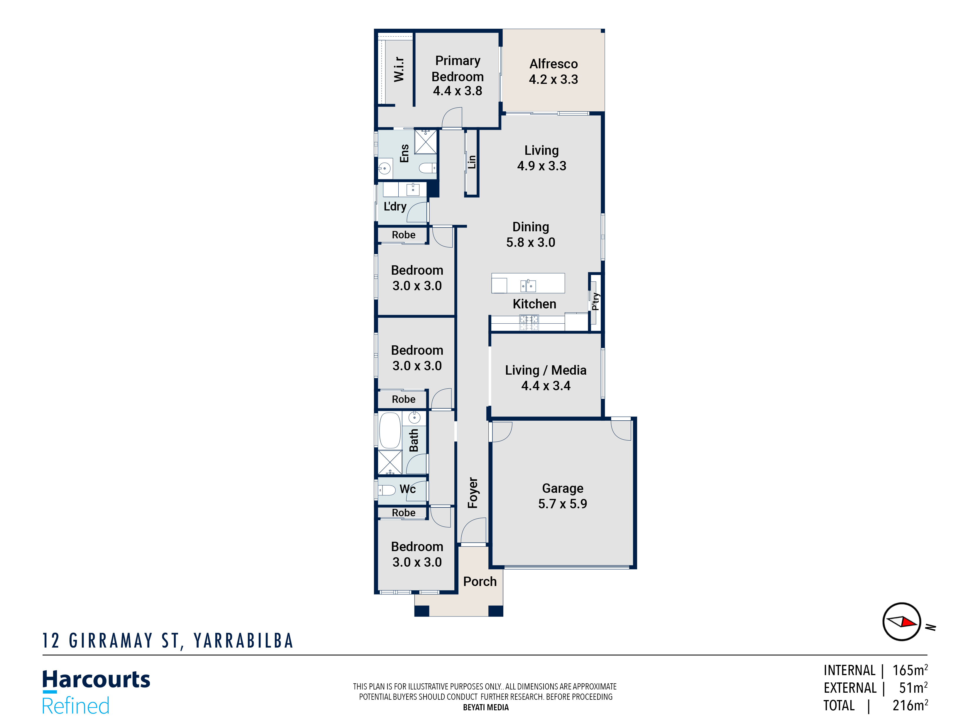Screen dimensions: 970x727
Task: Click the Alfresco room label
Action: [x=553, y=64]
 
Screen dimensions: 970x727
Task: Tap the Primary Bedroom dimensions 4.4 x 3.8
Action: [x=457, y=91]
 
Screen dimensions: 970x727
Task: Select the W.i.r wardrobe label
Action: [x=399, y=69]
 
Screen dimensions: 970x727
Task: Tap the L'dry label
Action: [x=395, y=206]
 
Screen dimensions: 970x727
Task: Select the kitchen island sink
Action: [x=528, y=286]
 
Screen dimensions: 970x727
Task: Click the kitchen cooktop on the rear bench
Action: [x=529, y=322]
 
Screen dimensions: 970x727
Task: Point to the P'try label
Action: [x=595, y=301]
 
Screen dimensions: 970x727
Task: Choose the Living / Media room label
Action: [x=546, y=370]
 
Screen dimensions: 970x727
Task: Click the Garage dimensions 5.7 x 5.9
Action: [x=563, y=504]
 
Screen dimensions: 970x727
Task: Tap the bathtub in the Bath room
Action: [x=390, y=430]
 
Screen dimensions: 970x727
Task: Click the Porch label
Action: [x=480, y=582]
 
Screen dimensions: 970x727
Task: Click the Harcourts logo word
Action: [x=96, y=680]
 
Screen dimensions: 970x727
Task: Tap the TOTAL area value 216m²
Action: [x=910, y=706]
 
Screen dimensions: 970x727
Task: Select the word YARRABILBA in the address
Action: [x=243, y=641]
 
